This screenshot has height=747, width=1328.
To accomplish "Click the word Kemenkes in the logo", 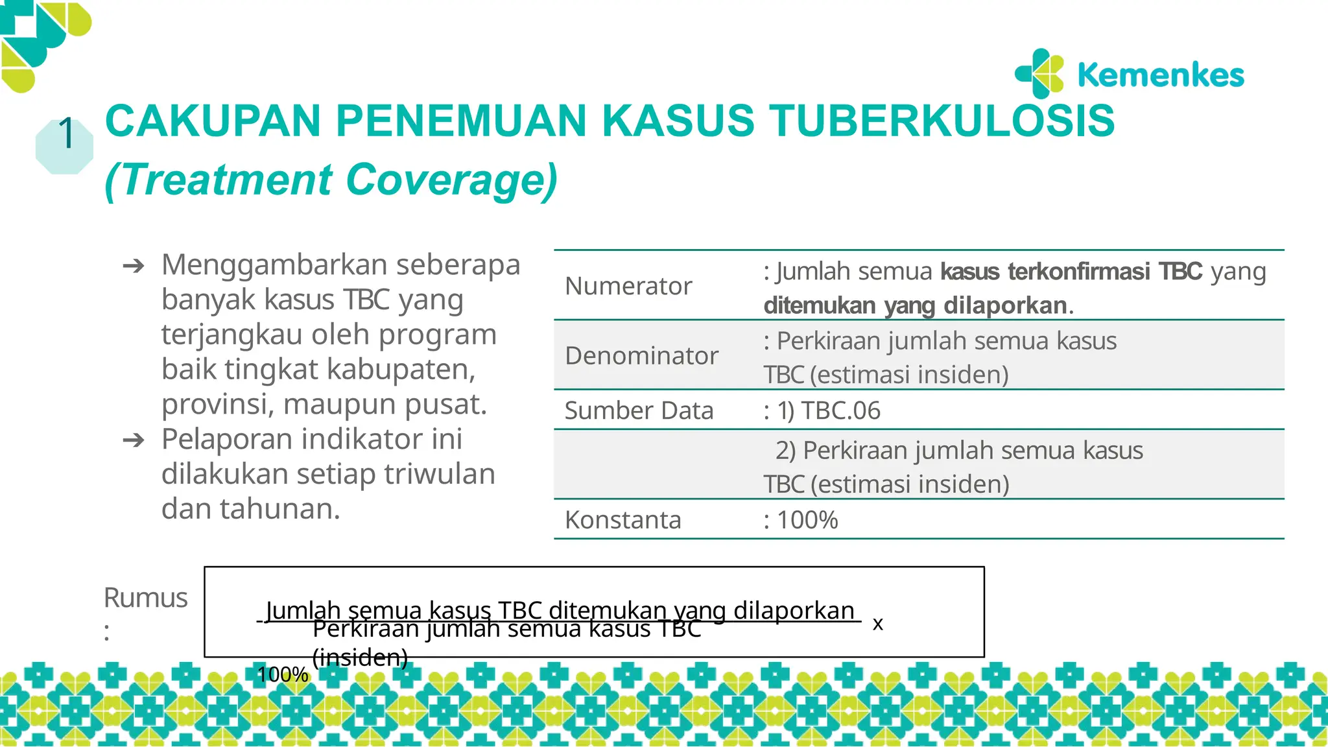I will click(1161, 75).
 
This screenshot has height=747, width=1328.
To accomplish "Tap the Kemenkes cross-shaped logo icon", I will click(1039, 73).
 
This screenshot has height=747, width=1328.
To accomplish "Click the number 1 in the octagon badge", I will click(66, 134).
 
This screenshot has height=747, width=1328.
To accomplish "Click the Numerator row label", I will click(628, 286).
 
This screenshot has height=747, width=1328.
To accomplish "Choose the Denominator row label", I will click(641, 355).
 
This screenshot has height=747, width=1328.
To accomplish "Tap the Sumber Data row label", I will click(639, 410).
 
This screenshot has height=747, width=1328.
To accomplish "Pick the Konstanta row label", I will click(623, 520).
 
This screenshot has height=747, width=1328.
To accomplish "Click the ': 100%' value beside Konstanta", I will click(801, 520).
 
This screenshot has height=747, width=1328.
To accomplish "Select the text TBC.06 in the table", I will click(840, 410).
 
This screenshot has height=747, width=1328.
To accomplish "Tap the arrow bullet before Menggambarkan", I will click(134, 265).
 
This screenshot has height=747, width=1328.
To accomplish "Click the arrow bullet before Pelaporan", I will click(134, 440).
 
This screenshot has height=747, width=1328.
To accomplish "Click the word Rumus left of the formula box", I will click(145, 598).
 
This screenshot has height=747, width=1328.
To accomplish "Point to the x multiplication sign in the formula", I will click(877, 624).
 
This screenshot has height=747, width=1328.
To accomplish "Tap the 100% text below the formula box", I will click(282, 674).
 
